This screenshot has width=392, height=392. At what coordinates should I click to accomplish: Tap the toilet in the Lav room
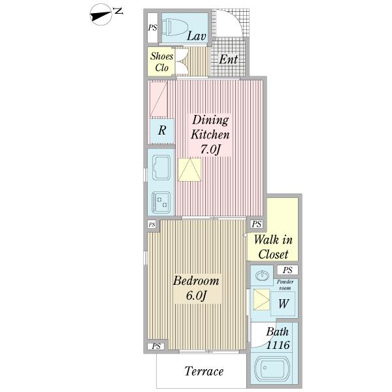(173, 27)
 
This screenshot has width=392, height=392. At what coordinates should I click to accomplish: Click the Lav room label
(197, 36)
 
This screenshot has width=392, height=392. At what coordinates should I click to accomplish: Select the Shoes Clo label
(161, 62)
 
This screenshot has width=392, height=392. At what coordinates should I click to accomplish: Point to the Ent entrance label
(228, 59)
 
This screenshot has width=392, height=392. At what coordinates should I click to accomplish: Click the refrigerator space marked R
(162, 130)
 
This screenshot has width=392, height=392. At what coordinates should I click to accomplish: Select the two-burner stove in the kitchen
(161, 203)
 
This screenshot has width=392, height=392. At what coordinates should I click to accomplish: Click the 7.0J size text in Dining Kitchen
(210, 150)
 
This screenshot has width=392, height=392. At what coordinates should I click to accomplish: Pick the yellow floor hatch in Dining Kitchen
(189, 169)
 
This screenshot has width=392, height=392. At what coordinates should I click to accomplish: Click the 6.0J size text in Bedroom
(196, 296)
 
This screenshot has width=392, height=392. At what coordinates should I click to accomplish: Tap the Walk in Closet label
(273, 247)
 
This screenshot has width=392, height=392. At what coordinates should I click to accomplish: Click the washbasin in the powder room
(262, 276)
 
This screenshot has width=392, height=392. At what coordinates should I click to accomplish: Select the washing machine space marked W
(284, 304)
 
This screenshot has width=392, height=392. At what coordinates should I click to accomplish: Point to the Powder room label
(285, 285)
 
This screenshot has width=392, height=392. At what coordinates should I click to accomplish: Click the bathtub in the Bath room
(272, 369)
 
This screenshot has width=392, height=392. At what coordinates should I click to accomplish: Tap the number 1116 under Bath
(278, 345)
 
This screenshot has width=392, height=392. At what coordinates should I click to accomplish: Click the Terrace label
(204, 371)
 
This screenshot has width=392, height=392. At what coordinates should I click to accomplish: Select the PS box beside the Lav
(152, 27)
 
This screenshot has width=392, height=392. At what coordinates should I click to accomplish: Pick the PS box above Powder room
(287, 270)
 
